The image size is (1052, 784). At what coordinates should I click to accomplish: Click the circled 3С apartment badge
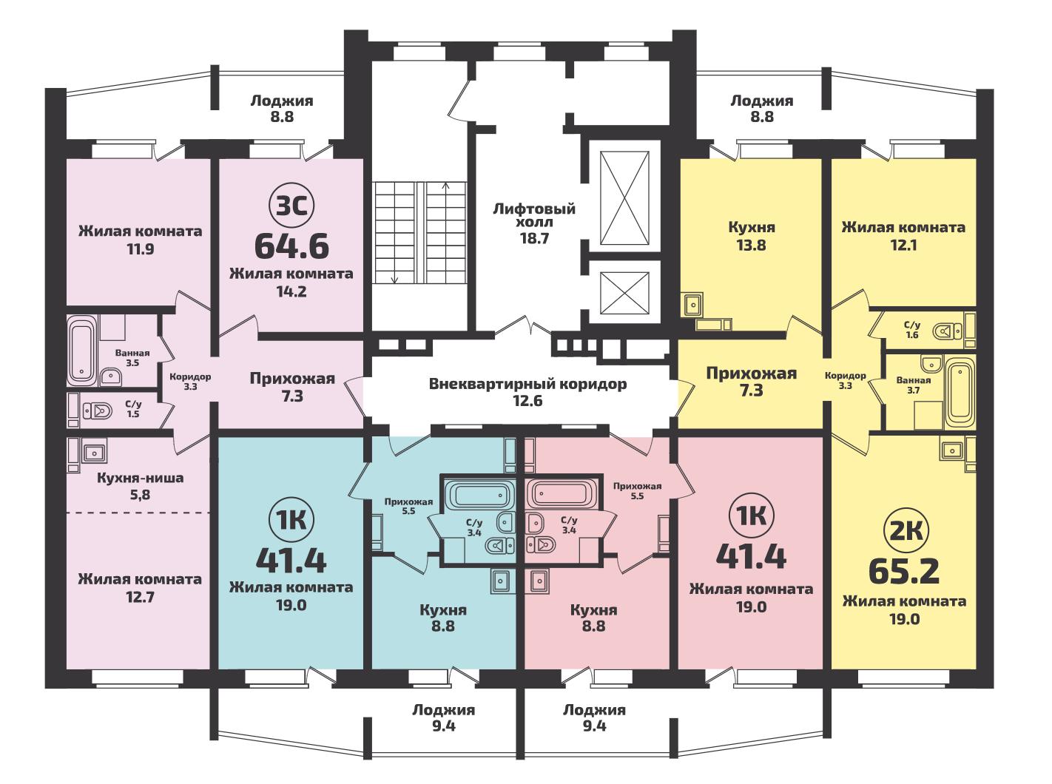coord(291,206)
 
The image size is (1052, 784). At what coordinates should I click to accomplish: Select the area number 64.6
coord(291,246)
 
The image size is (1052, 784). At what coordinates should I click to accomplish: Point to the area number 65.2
coord(904,572)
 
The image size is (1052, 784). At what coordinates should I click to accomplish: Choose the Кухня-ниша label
coord(140,478)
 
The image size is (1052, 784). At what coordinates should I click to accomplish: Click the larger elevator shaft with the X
coord(624,197)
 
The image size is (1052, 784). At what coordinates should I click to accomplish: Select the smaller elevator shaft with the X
coord(624,294)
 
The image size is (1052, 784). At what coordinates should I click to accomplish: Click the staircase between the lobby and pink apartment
coord(420,233)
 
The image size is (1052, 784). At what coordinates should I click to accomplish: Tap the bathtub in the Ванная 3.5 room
coord(81,349)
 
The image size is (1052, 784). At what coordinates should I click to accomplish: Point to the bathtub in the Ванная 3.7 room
coord(960,392)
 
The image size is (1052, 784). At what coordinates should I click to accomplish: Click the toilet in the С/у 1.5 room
coord(98,410)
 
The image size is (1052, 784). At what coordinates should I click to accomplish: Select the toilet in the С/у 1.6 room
coord(947,331)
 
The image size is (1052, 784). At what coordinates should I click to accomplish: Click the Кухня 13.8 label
coord(752,236)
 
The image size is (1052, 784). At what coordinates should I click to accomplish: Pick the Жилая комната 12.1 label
coord(903,236)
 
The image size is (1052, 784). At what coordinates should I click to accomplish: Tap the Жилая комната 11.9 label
coord(140,240)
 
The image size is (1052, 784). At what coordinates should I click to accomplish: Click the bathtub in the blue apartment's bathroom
coord(481,494)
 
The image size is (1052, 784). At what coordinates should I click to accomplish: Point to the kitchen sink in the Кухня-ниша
coord(94,451)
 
